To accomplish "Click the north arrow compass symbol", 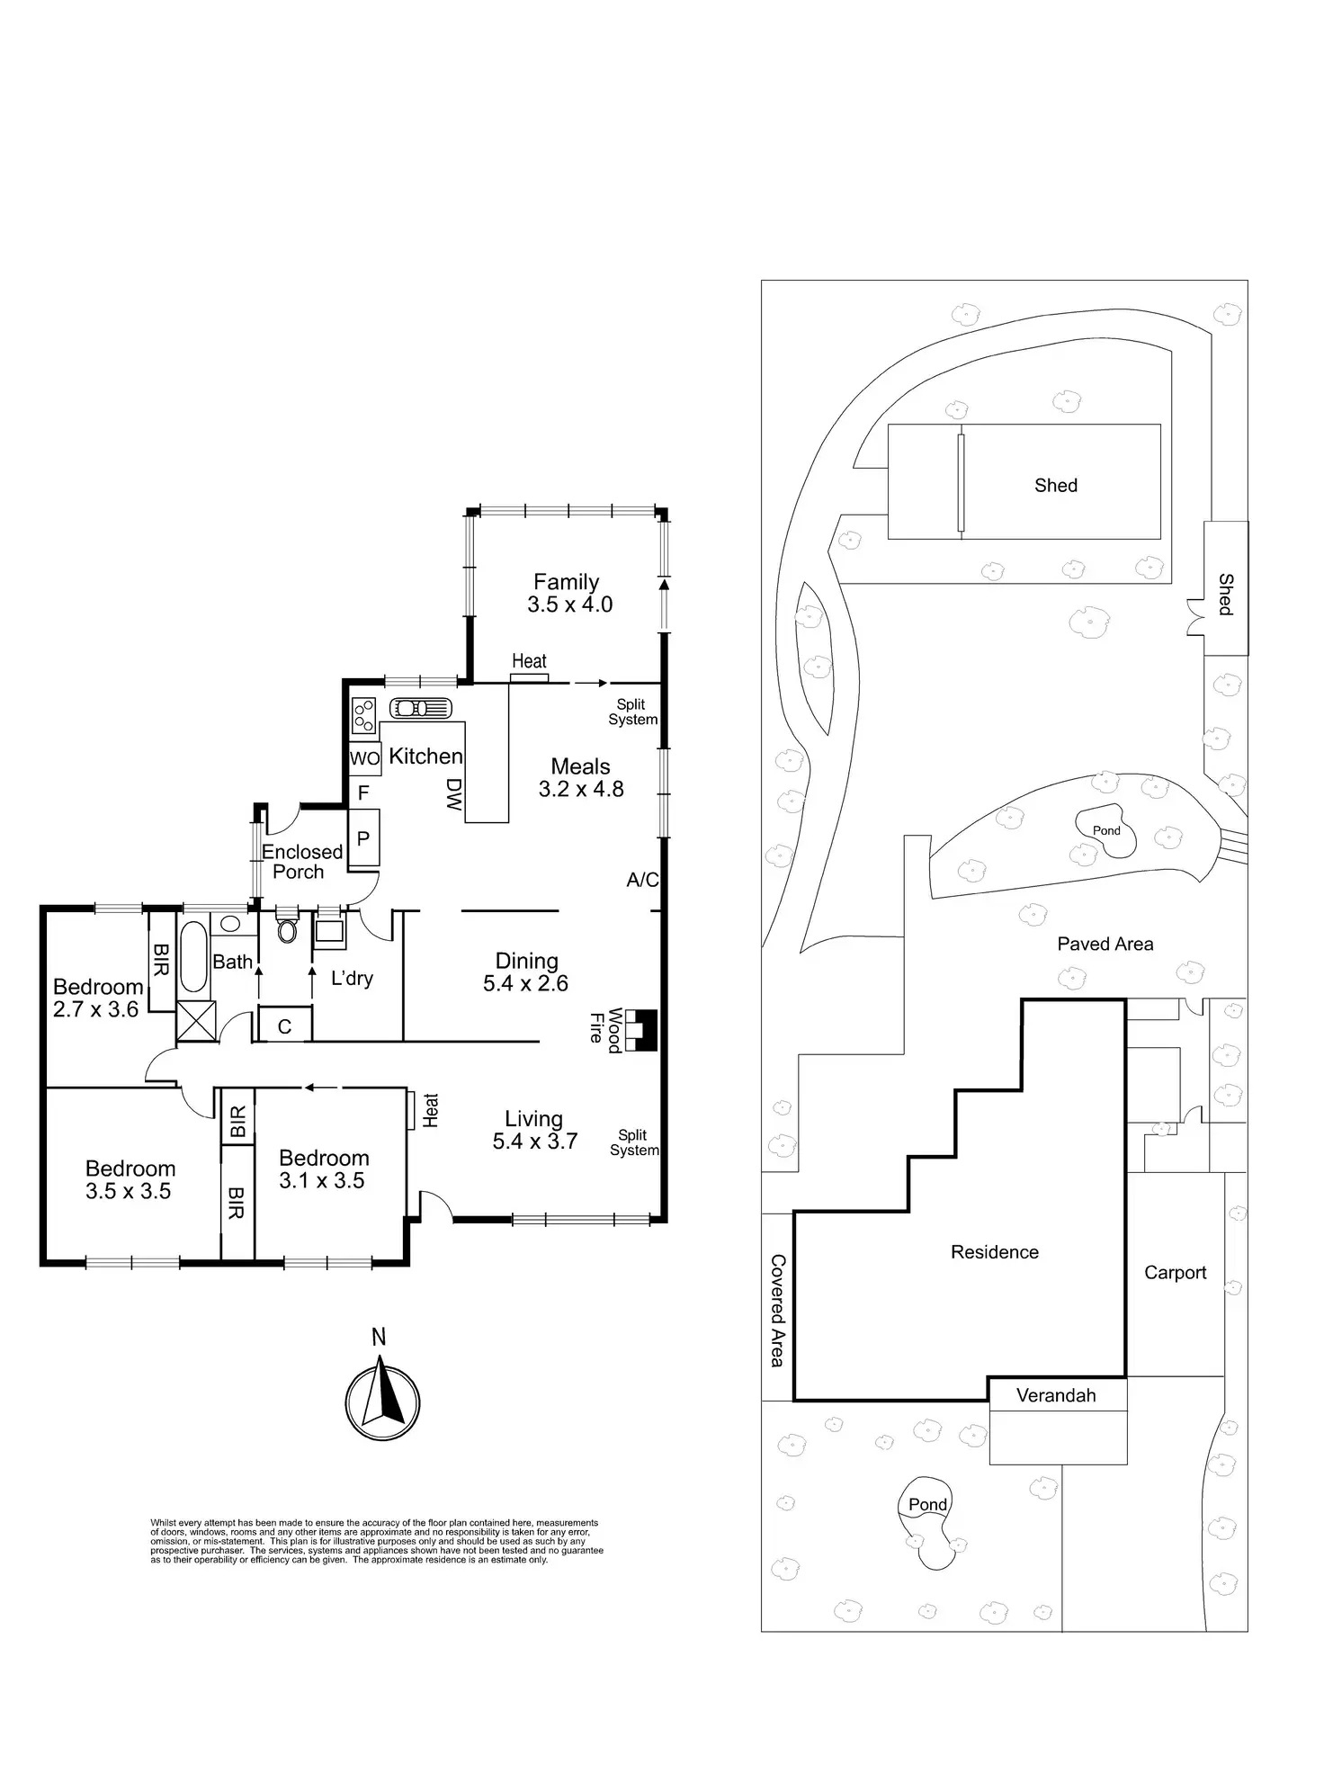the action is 382,1402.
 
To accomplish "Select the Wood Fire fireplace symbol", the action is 641,1030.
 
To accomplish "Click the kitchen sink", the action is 420,708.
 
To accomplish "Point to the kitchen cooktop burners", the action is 363,716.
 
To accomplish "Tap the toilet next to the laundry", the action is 288,928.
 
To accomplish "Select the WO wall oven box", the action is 364,758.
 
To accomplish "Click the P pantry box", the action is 363,838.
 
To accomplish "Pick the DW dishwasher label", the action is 453,795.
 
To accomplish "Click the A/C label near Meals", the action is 642,880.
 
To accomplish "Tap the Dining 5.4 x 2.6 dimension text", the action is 525,983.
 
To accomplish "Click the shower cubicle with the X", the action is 196,1021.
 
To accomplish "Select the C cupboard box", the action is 284,1026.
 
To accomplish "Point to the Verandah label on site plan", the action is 1056,1395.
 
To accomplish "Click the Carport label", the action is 1175,1272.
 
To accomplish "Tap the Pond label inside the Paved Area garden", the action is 1106,830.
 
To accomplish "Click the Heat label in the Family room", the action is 529,661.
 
